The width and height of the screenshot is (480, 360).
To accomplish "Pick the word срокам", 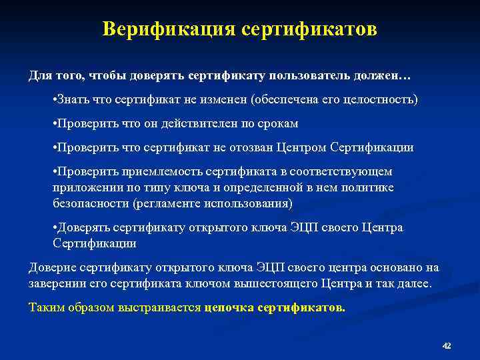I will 275,124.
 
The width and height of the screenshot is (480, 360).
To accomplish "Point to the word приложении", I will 85,188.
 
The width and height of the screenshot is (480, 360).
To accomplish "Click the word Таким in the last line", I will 43,308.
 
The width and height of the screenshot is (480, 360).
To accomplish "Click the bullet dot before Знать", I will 55,100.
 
